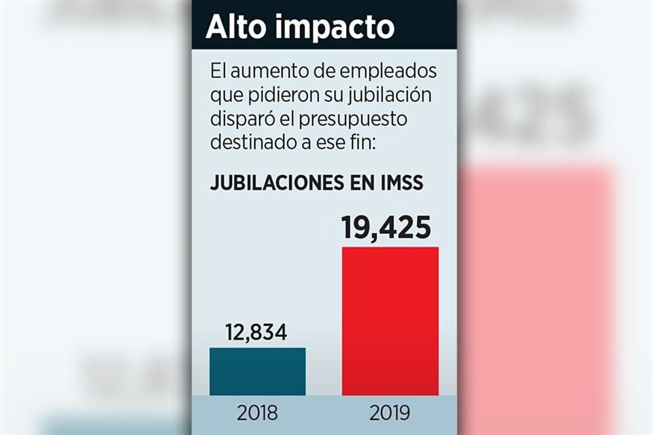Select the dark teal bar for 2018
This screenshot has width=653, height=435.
[257, 371]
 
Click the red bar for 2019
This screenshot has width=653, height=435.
[390, 321]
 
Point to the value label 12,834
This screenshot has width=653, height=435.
[257, 332]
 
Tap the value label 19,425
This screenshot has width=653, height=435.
[386, 227]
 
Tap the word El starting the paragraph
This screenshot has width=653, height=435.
[218, 71]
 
